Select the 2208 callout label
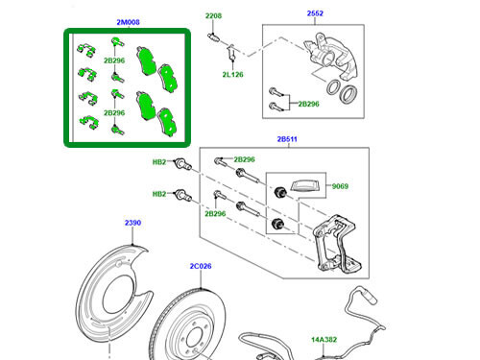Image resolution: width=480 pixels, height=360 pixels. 213,17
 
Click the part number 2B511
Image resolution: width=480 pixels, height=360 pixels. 289,140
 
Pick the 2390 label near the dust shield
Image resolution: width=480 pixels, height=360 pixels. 133,224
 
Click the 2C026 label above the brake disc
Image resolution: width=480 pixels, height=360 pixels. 200,267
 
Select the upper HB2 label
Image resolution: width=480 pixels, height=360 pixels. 160,163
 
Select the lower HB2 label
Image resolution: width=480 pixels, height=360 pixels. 160,194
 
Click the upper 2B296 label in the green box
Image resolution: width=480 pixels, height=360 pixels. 115,60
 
